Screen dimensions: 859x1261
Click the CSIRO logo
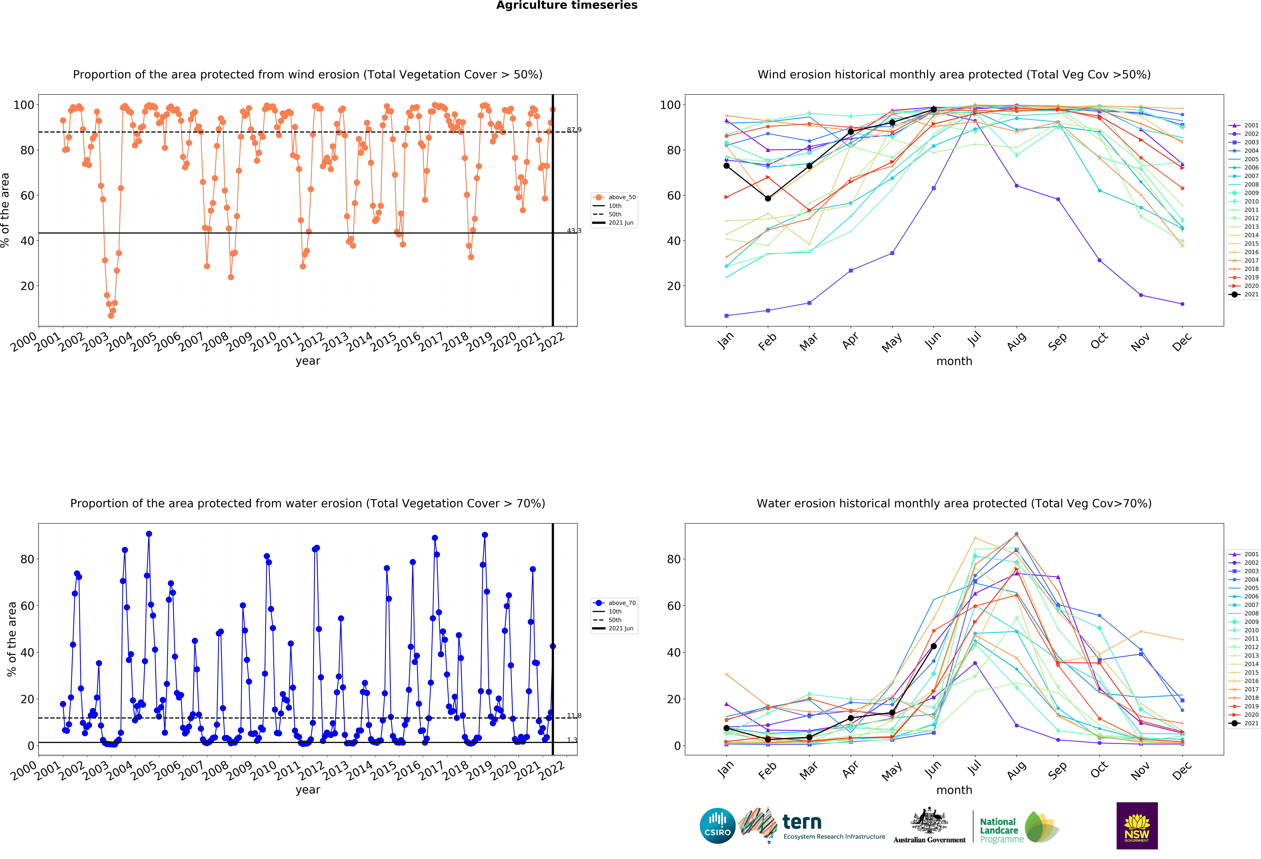pos(717,825)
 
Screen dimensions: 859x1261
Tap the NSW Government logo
pos(1137,825)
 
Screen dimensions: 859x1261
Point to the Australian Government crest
pos(929,825)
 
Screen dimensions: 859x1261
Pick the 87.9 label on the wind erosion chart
pos(574,130)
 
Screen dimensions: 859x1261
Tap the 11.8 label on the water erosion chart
pos(574,716)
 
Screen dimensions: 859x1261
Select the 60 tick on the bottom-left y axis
pos(27,606)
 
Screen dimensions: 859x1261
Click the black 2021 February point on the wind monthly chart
pos(768,198)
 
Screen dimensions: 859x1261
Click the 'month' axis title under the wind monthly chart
pos(954,361)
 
